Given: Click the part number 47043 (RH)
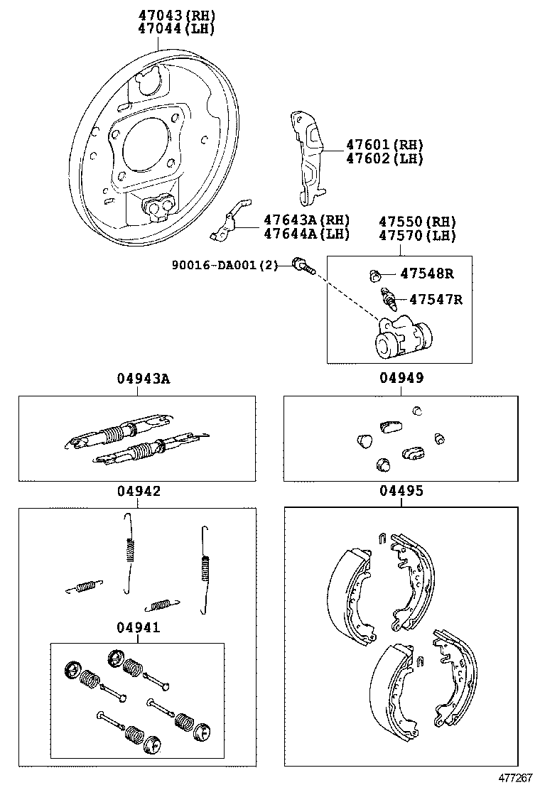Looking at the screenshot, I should pos(176,15).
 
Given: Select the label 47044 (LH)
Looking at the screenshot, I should pos(176,29).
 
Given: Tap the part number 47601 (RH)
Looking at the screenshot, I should pos(384,144).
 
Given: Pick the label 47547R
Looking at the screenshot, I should pos(431,300).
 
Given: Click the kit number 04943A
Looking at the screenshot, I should pos(144,379).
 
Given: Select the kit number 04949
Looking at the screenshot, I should pos(401,379).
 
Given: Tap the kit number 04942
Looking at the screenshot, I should pos(139,491).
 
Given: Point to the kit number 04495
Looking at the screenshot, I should pos(401,491).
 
